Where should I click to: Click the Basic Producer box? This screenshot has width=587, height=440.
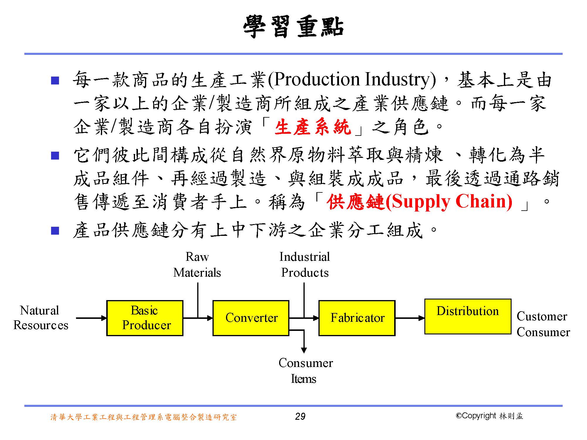(x=145, y=318)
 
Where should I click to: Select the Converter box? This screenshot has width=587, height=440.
(x=251, y=318)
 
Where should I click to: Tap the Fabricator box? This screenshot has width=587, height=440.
(x=357, y=318)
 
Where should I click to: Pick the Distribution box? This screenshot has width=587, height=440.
(x=468, y=317)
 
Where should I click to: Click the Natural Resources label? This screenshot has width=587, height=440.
(x=41, y=318)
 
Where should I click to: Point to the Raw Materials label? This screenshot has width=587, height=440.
(x=197, y=265)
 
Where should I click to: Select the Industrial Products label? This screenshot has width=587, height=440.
(x=305, y=265)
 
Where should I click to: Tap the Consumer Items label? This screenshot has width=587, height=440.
(x=305, y=371)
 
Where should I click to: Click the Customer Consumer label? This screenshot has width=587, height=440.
(x=543, y=324)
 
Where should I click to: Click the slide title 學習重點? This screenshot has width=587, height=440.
(x=293, y=27)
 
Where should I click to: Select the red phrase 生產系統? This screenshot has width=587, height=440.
(x=313, y=127)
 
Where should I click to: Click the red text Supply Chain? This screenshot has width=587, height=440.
(x=452, y=202)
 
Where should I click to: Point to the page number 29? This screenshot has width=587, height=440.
(x=300, y=417)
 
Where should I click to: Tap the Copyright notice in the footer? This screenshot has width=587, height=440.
(x=489, y=416)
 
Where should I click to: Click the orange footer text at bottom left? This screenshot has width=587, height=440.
(x=144, y=417)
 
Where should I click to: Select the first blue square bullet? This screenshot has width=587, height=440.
(x=55, y=80)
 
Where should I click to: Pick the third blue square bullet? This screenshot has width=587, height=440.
(x=55, y=231)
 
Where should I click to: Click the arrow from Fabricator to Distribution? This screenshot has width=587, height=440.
(x=410, y=318)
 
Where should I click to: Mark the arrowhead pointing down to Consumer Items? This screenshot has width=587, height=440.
(x=304, y=350)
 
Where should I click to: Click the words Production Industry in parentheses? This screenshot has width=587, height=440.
(x=352, y=80)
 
